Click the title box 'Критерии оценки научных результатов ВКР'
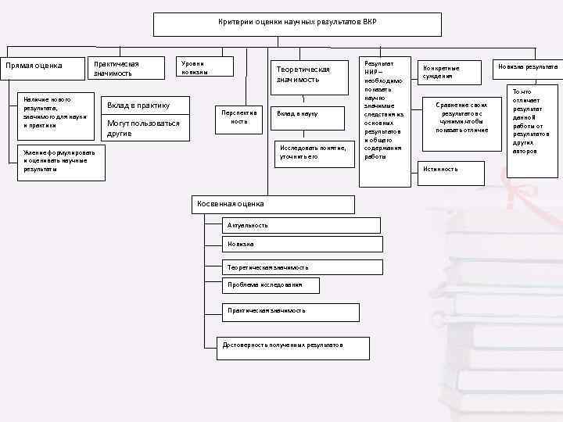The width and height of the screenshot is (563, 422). click(x=297, y=23)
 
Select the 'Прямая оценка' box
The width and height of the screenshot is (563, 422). click(x=42, y=68)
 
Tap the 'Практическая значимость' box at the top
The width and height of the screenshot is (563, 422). click(x=125, y=68)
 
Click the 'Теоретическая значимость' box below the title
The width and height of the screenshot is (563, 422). click(x=310, y=74)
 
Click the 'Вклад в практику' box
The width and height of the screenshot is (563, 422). click(x=146, y=105)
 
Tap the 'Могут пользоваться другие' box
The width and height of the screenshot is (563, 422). click(x=146, y=128)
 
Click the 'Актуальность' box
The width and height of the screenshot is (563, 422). click(x=301, y=226)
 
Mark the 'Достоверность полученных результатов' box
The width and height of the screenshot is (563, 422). click(x=292, y=345)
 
